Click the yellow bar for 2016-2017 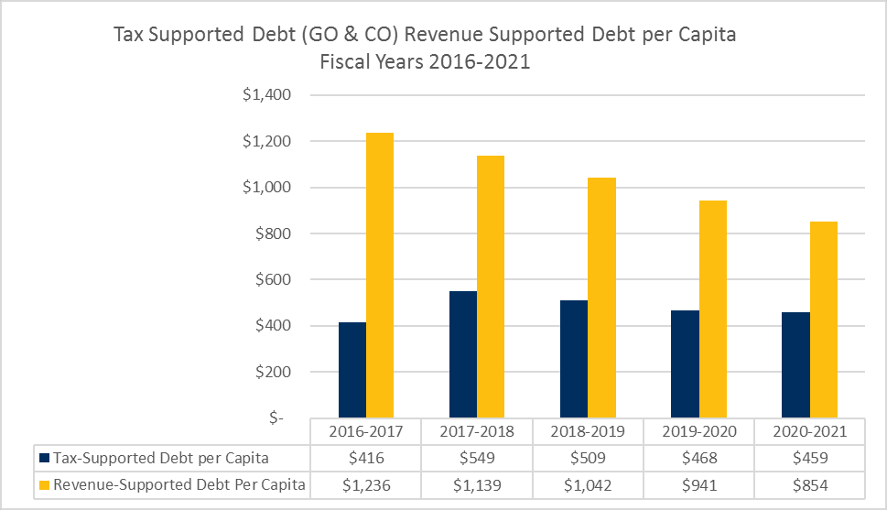point(380,275)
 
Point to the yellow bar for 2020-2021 point(823,320)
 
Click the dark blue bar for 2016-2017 point(352,370)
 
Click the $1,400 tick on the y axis point(265,95)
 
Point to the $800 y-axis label point(271,233)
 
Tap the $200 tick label point(271,372)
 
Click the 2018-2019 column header point(588,431)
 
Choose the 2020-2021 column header point(809,431)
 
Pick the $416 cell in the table point(366,457)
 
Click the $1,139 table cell point(477,484)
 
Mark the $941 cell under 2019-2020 point(698,484)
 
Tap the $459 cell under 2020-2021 point(809,457)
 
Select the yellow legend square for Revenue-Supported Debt point(43,484)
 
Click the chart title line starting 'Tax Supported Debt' point(425,36)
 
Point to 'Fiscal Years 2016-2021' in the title point(425,64)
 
